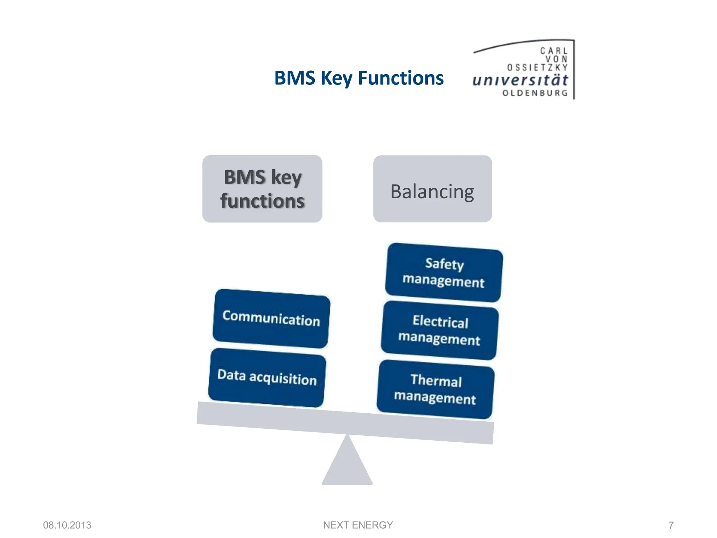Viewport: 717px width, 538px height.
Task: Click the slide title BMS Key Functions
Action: [x=358, y=78]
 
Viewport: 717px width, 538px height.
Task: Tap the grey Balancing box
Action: [x=432, y=189]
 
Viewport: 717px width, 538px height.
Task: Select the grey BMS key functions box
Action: [x=262, y=189]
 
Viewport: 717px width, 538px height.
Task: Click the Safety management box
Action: [x=444, y=273]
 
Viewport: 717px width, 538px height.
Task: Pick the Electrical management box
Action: [x=440, y=330]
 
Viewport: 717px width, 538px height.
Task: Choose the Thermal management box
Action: [x=436, y=389]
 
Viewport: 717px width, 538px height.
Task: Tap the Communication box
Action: [x=271, y=318]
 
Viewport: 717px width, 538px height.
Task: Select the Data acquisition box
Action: [x=267, y=377]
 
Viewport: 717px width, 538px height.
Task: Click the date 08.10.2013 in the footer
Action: [x=67, y=525]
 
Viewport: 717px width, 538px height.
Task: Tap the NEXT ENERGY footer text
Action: [x=358, y=525]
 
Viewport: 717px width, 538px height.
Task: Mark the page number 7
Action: [x=671, y=525]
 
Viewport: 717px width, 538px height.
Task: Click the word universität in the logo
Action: [x=520, y=80]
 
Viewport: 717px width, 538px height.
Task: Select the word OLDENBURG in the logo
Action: [x=535, y=93]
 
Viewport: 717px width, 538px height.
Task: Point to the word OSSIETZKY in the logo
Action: [x=537, y=67]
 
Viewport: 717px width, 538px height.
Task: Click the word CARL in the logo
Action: [x=553, y=51]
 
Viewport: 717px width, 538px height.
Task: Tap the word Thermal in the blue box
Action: [x=436, y=380]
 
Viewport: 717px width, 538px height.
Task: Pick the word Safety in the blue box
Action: [x=444, y=264]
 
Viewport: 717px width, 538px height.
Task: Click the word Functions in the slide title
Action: [x=401, y=78]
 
